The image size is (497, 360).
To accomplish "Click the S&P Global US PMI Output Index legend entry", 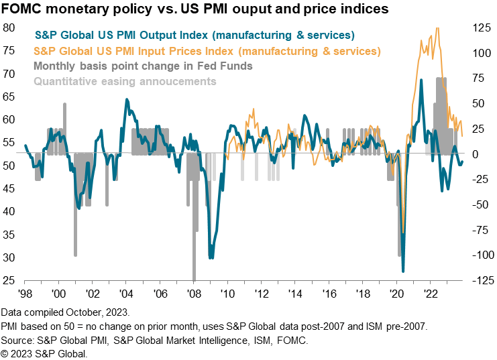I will pos(195,35).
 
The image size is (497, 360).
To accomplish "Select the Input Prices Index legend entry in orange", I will pos(207,51).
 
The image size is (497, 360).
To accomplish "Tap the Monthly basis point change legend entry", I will pos(143,66).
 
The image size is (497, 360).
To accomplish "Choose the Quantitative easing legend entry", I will pos(125,82).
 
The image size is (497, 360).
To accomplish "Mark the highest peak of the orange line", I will pos(438,28).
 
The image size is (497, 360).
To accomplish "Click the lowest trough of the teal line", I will pos(404,271).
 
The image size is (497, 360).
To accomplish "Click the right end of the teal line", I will pos(462,161).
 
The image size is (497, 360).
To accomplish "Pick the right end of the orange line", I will pos(462,136).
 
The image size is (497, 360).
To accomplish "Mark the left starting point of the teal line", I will pos(25,145).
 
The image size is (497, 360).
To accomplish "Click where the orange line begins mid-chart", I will pos(228,158).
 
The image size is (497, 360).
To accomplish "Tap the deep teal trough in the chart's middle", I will pos(212,257).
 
